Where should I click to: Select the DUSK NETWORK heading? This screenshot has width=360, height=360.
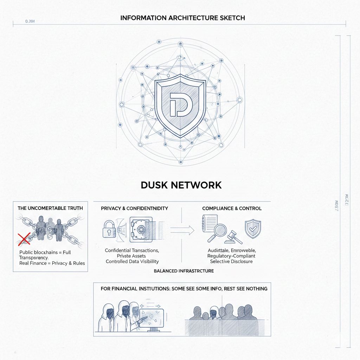(x=181, y=185)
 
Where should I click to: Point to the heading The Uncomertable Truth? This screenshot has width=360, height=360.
(x=50, y=208)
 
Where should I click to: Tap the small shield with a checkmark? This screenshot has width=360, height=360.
(x=253, y=229)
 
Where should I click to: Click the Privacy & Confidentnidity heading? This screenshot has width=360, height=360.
(x=134, y=208)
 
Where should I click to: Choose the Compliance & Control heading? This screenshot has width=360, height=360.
(x=232, y=208)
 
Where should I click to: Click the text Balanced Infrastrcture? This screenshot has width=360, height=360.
(x=184, y=271)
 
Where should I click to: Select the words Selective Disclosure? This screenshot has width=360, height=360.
(x=232, y=261)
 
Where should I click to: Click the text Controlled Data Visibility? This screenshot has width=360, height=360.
(x=132, y=261)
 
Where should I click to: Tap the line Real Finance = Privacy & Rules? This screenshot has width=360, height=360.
(x=52, y=263)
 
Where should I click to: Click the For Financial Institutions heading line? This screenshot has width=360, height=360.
(x=184, y=289)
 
